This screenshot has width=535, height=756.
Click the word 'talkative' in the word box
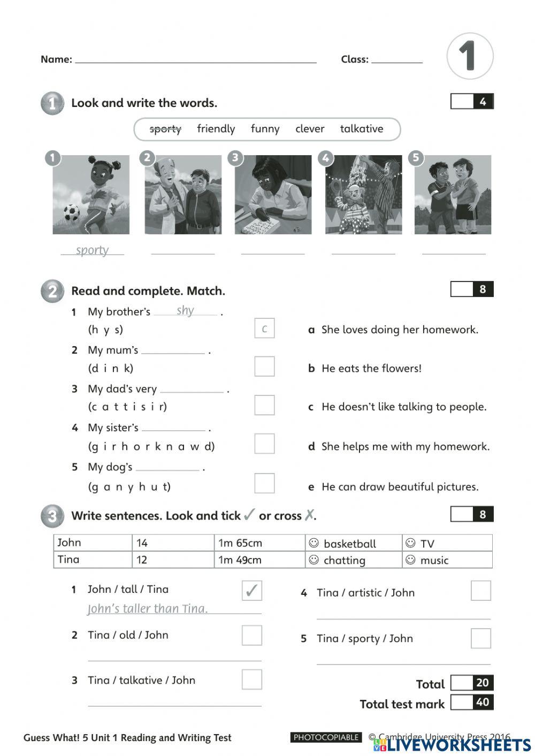click(362, 129)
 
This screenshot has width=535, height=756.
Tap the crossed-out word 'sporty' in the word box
click(165, 129)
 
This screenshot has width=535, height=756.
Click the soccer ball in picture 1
click(71, 213)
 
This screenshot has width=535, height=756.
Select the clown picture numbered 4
click(363, 195)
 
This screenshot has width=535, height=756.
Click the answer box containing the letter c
click(264, 329)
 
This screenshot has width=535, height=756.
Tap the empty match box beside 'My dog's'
click(264, 483)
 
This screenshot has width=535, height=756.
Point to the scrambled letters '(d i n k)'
click(111, 368)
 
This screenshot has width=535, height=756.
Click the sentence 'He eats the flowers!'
click(371, 368)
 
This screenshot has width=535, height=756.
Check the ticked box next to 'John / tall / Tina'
click(251, 591)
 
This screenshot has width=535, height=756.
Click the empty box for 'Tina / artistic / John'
click(480, 591)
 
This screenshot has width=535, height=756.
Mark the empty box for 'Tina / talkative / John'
click(251, 679)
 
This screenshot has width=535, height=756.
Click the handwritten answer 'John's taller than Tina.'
click(148, 608)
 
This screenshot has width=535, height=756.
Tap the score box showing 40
click(482, 702)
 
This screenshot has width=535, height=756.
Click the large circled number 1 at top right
click(469, 56)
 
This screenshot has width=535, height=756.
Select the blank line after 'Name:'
click(195, 60)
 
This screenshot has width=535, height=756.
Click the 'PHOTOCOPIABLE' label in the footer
click(326, 737)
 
